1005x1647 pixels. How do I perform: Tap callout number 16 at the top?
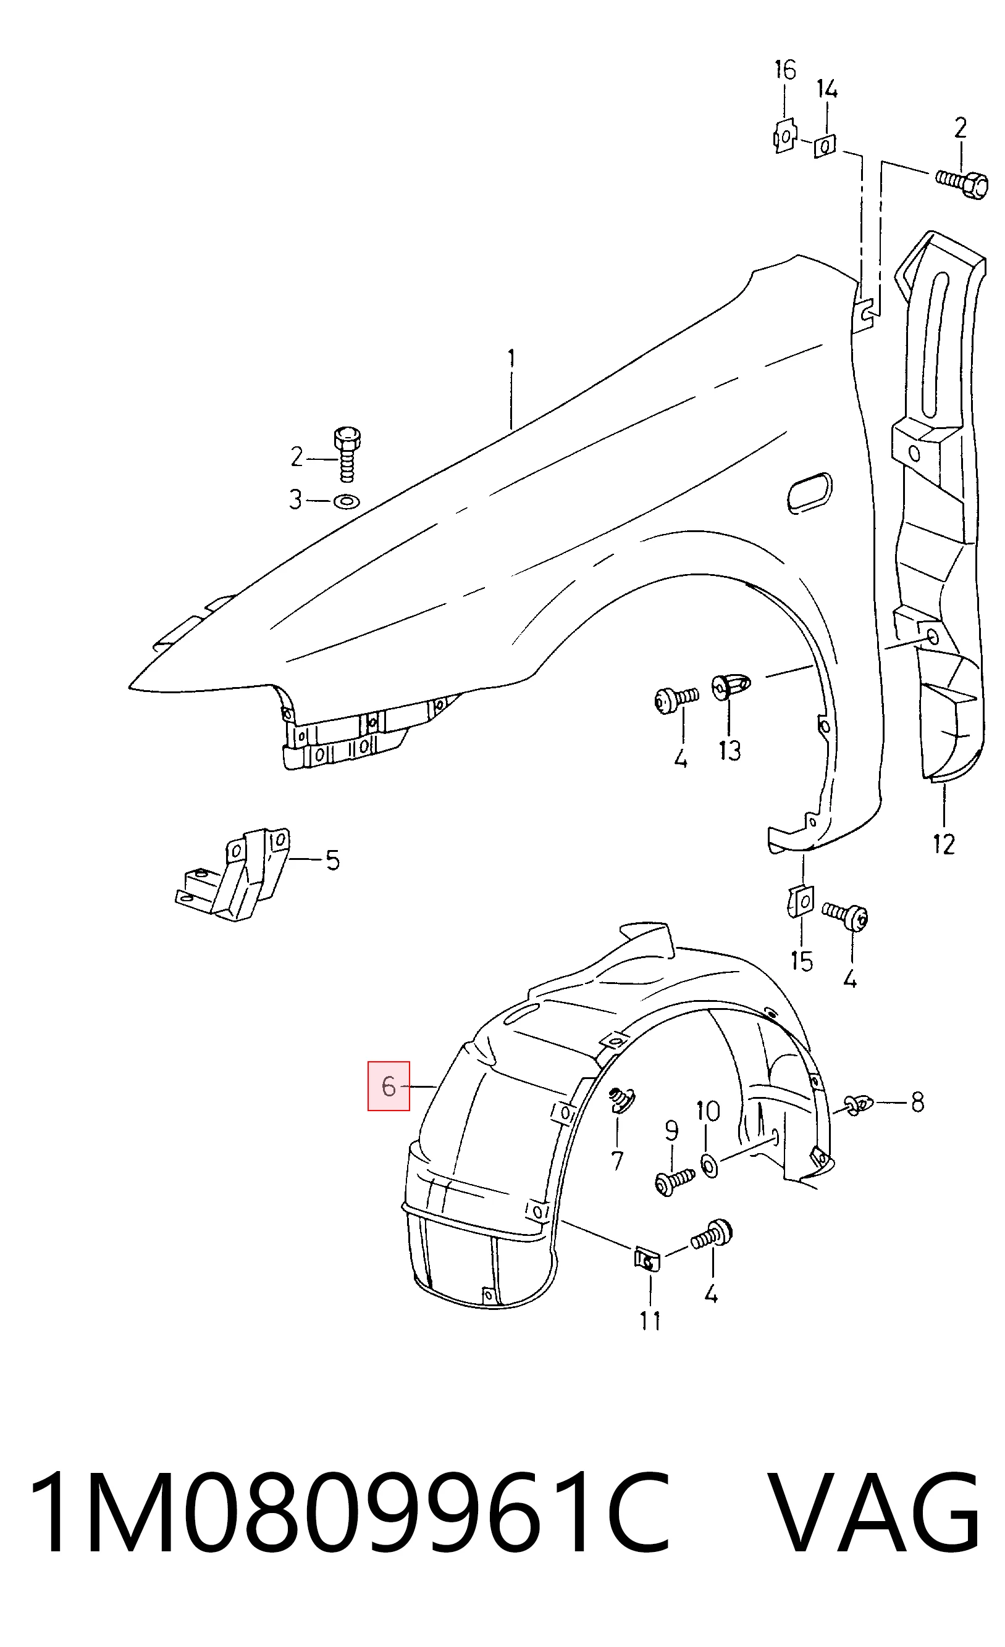(x=785, y=70)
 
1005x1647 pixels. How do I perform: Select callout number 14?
(x=827, y=89)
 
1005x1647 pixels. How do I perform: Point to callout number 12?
(x=943, y=845)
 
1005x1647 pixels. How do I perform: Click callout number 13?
(x=730, y=751)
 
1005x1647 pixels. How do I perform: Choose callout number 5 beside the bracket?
(x=333, y=861)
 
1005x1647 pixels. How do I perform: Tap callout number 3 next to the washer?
(x=295, y=500)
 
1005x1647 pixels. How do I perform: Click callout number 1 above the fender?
(x=511, y=361)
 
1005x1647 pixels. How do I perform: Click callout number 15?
(x=801, y=961)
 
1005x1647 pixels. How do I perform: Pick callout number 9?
(x=671, y=1130)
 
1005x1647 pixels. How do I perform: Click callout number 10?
(x=708, y=1112)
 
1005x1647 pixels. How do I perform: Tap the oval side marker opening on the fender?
(x=810, y=493)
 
